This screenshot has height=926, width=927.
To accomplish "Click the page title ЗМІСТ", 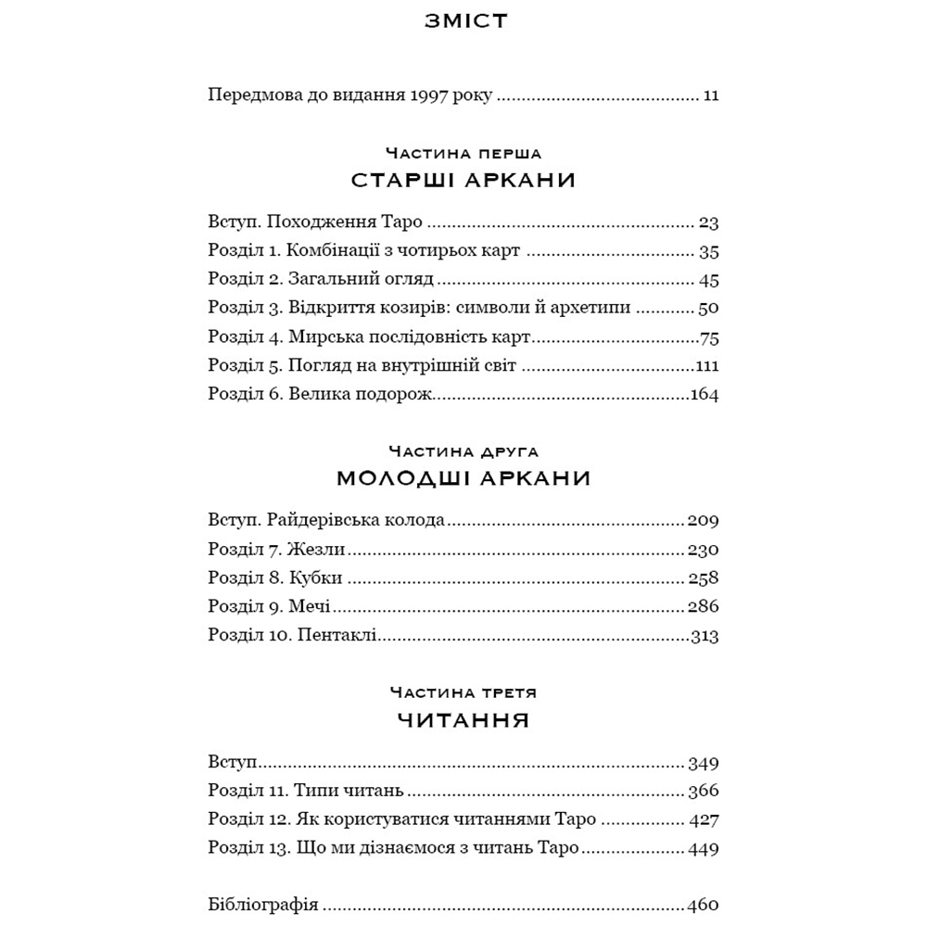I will click(x=464, y=20).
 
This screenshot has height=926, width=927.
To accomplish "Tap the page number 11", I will click(x=711, y=95).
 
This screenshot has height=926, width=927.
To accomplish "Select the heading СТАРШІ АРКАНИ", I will click(x=464, y=181).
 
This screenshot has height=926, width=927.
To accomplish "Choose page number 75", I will click(x=710, y=337).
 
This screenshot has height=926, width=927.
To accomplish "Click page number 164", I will click(x=705, y=395).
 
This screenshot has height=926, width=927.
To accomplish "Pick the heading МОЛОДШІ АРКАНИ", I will click(x=464, y=479).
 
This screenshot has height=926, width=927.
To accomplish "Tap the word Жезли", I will click(x=315, y=549).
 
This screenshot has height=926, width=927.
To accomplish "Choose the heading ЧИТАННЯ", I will click(x=464, y=720).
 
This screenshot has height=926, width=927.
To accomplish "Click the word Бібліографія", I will click(x=263, y=905).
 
